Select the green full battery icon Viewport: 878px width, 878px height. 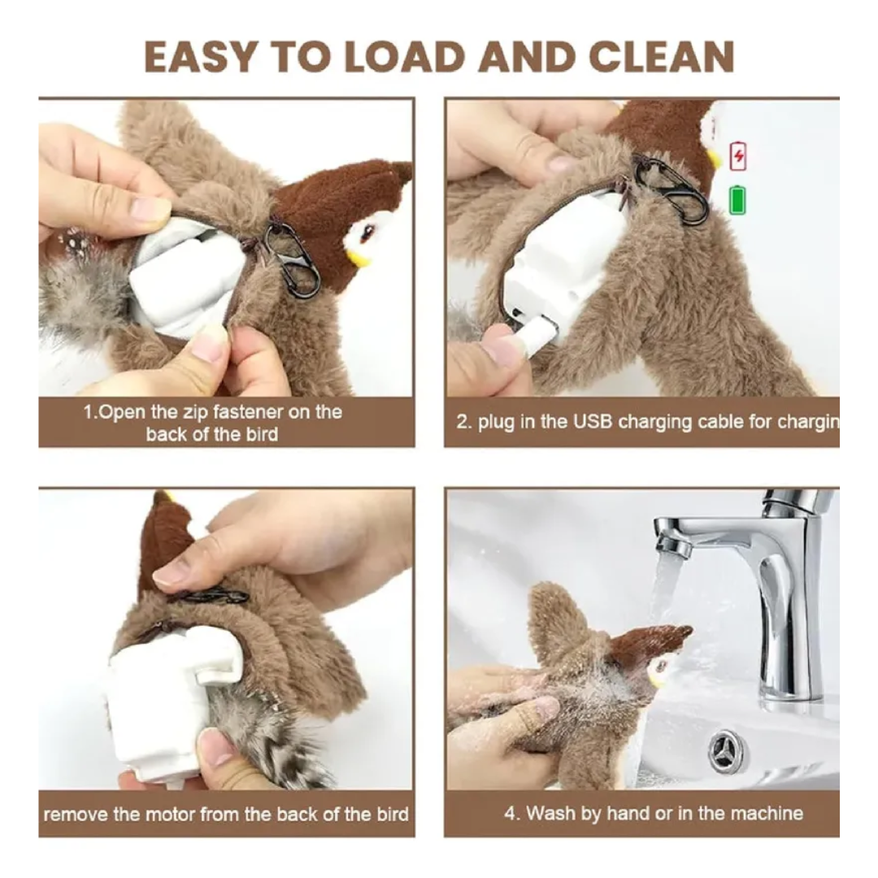pyautogui.click(x=737, y=200)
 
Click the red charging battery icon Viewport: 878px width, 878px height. pyautogui.click(x=737, y=154)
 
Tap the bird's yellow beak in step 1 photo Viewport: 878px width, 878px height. pyautogui.click(x=356, y=259)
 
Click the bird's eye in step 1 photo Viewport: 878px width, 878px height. pyautogui.click(x=364, y=234)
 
